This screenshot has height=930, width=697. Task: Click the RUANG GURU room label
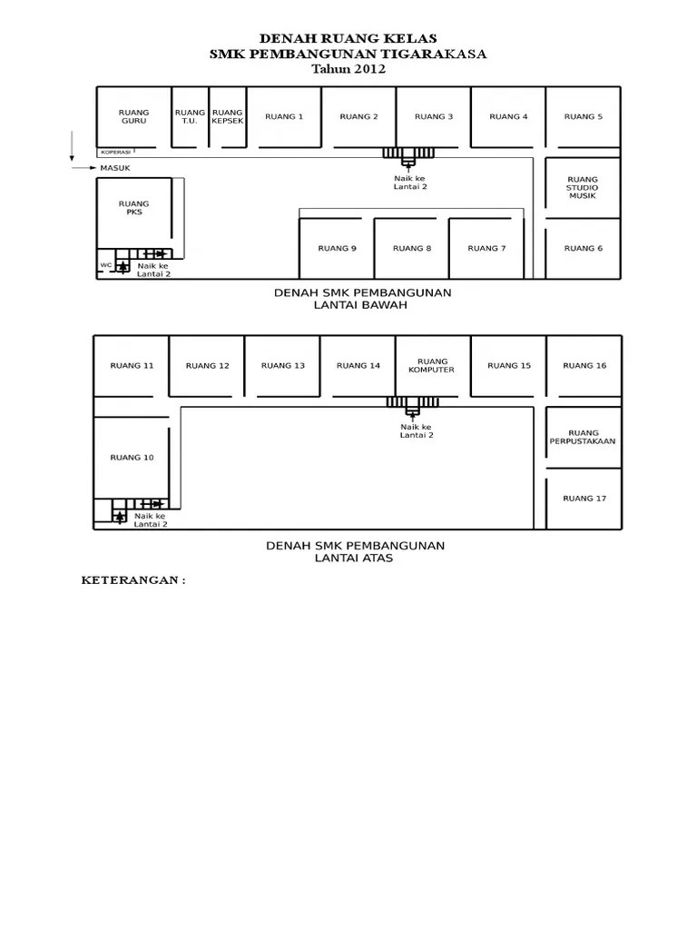coord(133,116)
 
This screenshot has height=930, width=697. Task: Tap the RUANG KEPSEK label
coord(227,116)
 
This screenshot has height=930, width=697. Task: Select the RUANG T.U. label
coord(190,116)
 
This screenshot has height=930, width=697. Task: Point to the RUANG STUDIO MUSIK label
coord(583,187)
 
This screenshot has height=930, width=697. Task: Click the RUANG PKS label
coord(133,208)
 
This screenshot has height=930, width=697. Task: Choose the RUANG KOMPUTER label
coord(432,365)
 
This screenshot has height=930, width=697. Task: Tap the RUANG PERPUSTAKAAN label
coord(583,437)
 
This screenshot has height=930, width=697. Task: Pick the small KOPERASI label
coord(115,152)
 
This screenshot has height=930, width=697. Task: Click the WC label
coord(105,265)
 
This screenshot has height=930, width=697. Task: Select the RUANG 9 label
coord(337,248)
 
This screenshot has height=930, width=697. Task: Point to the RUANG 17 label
coord(584,498)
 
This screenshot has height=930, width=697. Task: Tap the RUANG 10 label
coord(132,457)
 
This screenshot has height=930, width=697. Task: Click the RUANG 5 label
coord(583,116)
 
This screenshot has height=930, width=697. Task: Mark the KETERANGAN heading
coord(133,580)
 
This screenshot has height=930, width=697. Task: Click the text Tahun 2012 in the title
coord(348,69)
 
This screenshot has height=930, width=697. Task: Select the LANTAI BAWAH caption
coord(362,305)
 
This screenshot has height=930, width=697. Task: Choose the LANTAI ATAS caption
coord(354,559)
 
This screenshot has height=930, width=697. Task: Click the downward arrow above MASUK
coord(71,145)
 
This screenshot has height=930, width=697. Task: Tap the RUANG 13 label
coord(283,365)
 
